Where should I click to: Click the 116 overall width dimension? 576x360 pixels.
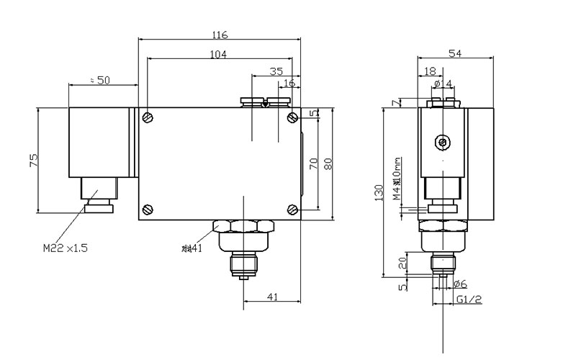[220, 35]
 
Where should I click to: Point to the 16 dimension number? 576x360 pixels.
[289, 84]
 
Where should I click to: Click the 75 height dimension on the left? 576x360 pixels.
[33, 160]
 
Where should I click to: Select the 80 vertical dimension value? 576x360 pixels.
[328, 163]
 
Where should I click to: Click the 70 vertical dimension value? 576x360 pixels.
[313, 163]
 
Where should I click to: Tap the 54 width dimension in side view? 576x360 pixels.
[456, 54]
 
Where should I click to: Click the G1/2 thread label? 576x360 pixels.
[469, 299]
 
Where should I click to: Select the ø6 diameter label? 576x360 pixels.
[459, 284]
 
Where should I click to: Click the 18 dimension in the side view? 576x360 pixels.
[430, 71]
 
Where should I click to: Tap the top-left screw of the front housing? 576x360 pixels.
[148, 118]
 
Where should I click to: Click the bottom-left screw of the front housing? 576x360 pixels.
[148, 210]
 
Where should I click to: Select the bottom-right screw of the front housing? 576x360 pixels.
[292, 210]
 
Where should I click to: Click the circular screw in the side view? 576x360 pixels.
[441, 143]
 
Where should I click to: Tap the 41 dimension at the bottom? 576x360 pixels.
[272, 296]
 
